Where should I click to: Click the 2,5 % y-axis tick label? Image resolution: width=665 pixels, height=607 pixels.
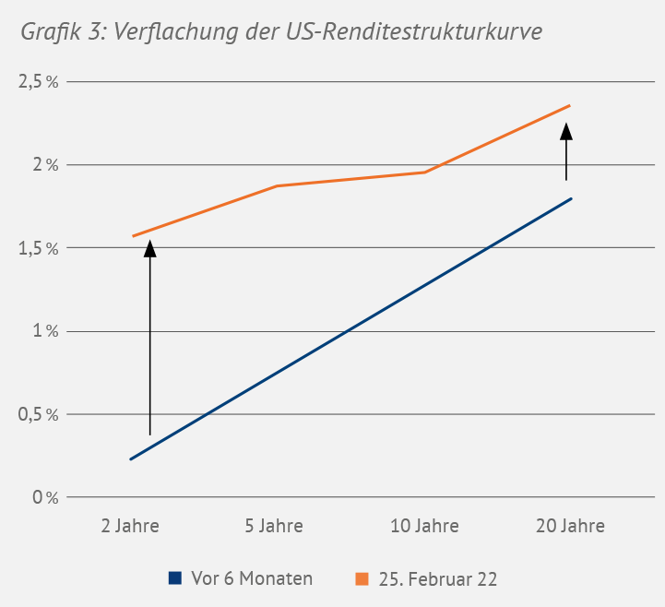[38, 82]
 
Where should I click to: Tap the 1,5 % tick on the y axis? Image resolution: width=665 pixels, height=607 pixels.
[38, 248]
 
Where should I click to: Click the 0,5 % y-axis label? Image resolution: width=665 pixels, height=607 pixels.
[38, 414]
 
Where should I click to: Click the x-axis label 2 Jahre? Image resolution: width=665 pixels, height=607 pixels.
[130, 527]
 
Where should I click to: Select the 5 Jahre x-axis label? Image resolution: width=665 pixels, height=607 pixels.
[274, 527]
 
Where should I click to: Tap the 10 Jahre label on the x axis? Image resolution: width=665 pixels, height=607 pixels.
[424, 527]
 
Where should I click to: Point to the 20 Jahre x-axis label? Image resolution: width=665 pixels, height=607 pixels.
[570, 527]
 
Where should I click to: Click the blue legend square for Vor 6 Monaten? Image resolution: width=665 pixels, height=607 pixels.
[174, 578]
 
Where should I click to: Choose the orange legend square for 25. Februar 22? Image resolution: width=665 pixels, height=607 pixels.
[362, 578]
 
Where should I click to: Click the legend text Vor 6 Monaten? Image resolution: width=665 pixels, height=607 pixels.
[252, 578]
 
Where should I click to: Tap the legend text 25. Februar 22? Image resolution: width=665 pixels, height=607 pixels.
[438, 578]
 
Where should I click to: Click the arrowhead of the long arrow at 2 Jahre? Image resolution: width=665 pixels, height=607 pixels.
[149, 247]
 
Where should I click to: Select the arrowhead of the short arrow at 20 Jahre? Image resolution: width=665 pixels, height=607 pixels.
[566, 131]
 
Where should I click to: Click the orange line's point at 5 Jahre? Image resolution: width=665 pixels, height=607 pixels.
[276, 186]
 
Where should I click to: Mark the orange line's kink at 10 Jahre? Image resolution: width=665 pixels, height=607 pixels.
[424, 173]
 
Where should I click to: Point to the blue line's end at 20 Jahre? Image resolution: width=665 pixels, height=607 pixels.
[572, 198]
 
